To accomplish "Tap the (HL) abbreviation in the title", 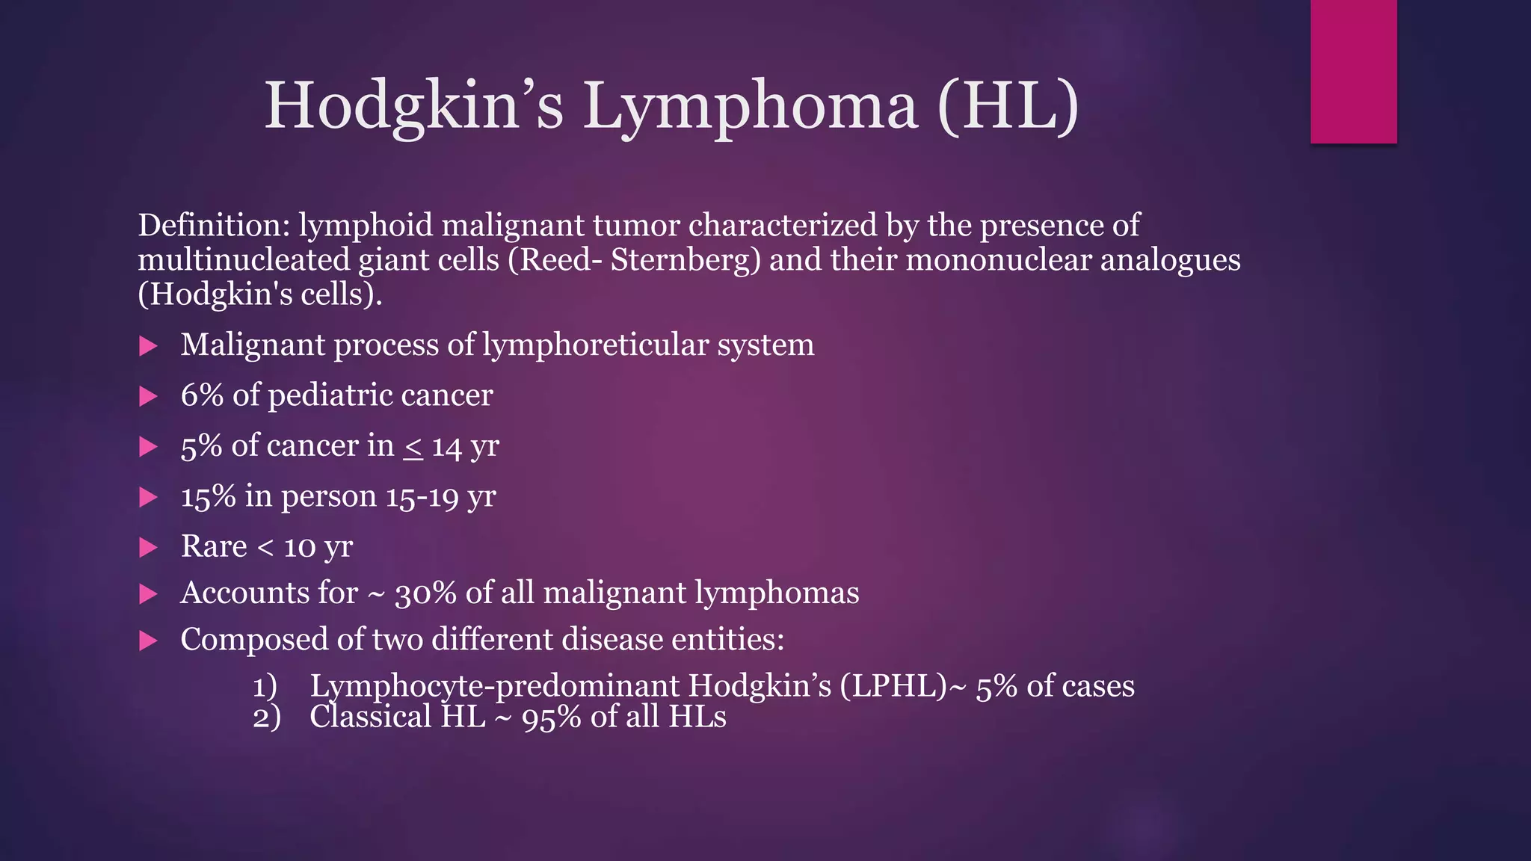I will pos(1008,106).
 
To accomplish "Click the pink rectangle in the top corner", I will pos(1353,71).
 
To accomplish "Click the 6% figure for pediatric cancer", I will pos(202,395).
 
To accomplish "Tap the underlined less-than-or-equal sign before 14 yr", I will pos(413,447).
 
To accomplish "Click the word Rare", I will pos(214,546).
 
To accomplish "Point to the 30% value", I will pos(425,593).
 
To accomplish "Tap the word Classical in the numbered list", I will pos(371,717).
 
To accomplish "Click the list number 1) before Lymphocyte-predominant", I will pos(265,686).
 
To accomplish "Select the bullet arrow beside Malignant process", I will pos(149,345).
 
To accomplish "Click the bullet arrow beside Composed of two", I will pos(149,641).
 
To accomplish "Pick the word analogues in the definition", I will pos(1170,260).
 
